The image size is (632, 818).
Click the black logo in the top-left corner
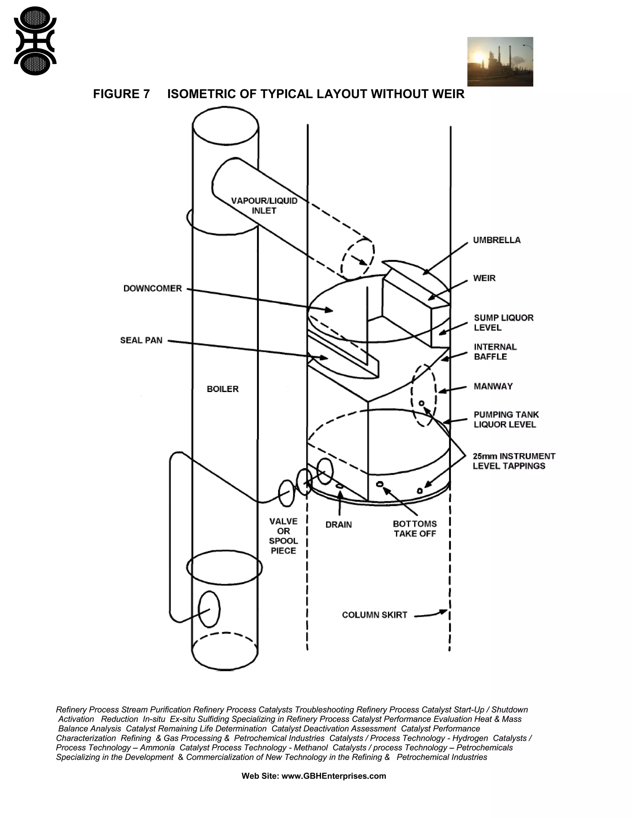35,41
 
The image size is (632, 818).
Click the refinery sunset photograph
500,61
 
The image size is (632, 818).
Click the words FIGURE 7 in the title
121,94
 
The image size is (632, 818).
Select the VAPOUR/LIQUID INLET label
264,206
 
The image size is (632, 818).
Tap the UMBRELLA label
497,240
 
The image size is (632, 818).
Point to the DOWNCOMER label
152,288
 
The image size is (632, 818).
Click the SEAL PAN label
141,340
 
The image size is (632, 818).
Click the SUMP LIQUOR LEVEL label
503,323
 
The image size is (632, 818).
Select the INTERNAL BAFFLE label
495,352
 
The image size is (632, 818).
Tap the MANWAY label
493,386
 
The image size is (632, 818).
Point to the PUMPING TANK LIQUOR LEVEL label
506,419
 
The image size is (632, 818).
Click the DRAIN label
339,525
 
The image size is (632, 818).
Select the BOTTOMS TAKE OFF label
415,528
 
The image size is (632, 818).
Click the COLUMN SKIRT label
374,615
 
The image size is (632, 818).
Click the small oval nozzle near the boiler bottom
209,609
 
